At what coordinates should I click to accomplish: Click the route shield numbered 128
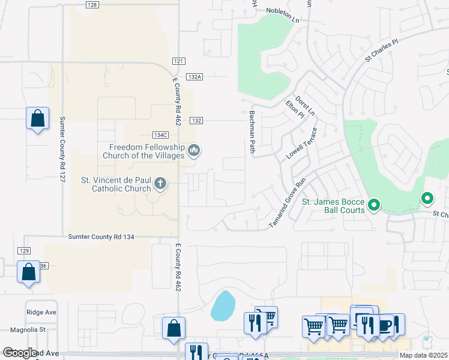pos(91,5)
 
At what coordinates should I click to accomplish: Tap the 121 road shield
pos(178,62)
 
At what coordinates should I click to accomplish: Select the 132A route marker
pos(194,77)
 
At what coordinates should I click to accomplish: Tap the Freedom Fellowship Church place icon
pos(194,149)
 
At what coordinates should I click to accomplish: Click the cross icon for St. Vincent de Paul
pos(160,183)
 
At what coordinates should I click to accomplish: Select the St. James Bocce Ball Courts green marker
pos(374,206)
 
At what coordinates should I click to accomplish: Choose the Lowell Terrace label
pos(301,143)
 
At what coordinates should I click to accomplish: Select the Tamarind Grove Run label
pos(288,202)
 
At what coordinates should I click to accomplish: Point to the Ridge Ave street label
pos(41,312)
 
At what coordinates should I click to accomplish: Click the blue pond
pos(223,306)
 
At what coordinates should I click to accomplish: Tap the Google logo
pos(20,353)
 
